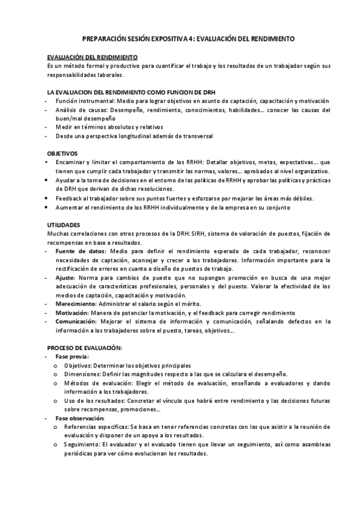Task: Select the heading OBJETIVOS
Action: [x=63, y=153]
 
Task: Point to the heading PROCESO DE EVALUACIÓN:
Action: [x=85, y=348]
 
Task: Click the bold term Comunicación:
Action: [x=78, y=322]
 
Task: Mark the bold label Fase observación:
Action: [x=80, y=418]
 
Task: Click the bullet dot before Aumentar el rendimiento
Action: [x=48, y=207]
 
